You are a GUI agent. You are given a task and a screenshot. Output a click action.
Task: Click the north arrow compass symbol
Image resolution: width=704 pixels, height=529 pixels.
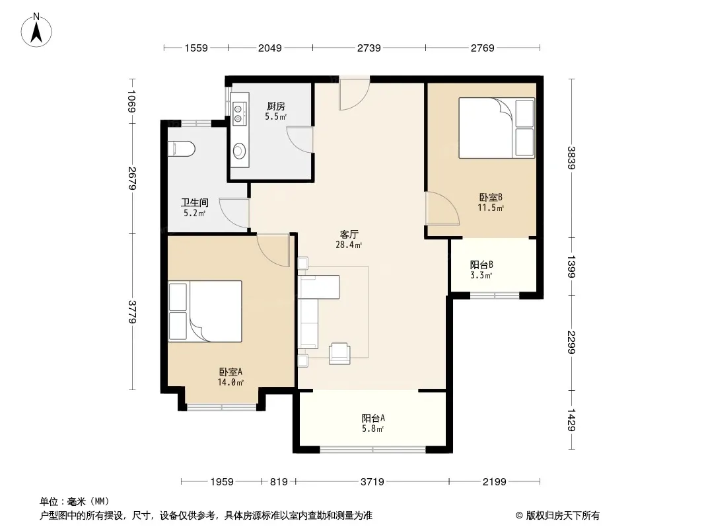tap(36, 30)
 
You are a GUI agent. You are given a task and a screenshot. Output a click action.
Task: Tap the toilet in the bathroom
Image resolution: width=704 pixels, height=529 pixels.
tap(182, 149)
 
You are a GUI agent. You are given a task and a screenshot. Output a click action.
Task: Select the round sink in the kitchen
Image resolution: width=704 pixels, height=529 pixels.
tap(239, 151)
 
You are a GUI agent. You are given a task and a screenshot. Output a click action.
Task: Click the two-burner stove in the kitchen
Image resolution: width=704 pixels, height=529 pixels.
tap(239, 113)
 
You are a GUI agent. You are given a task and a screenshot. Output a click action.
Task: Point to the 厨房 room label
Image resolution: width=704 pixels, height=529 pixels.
tap(275, 106)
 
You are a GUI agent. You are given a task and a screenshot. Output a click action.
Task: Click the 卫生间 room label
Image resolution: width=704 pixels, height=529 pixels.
tap(194, 203)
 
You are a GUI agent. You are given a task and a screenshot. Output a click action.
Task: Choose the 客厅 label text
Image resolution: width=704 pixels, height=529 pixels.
tap(349, 234)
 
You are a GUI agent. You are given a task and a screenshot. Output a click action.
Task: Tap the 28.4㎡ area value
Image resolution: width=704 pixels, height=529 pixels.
tap(349, 245)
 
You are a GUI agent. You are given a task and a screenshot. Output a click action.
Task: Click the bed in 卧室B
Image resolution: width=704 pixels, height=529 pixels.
tap(497, 128)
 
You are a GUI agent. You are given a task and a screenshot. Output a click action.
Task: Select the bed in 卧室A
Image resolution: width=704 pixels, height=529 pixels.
tap(205, 311)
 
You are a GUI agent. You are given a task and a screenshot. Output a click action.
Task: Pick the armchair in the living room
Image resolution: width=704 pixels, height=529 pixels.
tap(339, 353)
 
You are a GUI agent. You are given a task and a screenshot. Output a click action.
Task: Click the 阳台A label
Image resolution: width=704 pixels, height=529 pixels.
tap(373, 418)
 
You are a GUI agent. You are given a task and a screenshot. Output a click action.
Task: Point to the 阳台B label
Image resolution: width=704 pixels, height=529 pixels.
tap(481, 264)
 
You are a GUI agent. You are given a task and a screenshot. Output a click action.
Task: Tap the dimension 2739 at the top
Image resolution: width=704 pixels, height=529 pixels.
tap(369, 48)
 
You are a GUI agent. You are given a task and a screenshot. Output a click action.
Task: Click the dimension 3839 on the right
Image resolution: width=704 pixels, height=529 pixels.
tap(571, 158)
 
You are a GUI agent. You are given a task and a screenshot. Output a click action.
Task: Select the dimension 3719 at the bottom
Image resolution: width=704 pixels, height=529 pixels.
tap(372, 482)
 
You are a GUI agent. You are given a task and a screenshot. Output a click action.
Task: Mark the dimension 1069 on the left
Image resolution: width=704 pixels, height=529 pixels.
tap(132, 101)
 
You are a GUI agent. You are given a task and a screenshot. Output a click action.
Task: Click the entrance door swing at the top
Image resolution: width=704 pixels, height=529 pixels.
tap(354, 94)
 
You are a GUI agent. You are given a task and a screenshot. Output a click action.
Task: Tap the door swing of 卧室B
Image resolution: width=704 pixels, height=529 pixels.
tap(442, 208)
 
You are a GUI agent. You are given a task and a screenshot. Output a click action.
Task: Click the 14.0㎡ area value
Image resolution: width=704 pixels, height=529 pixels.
tap(230, 382)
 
